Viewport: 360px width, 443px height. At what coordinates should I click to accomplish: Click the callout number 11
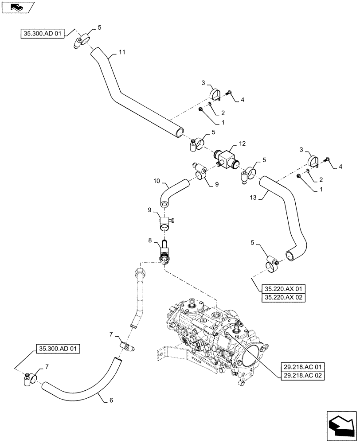coord(122,52)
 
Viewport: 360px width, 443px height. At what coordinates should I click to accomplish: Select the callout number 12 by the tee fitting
coord(242,143)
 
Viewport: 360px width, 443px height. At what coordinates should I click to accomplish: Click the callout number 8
coord(150,240)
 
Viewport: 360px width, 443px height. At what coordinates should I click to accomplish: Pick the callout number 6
coord(110,400)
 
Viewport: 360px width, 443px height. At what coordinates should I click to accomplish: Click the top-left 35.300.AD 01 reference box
coord(43,32)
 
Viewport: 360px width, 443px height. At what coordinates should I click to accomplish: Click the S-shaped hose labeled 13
coord(288,213)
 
